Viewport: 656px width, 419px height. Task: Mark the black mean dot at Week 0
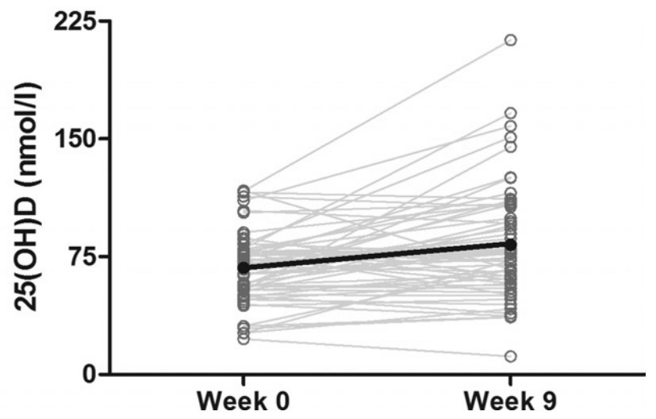(x=244, y=267)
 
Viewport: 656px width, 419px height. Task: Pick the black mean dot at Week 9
(x=511, y=244)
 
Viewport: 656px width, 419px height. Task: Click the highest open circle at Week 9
(x=511, y=40)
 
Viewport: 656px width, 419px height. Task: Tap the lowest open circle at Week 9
(x=511, y=356)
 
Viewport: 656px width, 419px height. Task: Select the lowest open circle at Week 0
(x=244, y=339)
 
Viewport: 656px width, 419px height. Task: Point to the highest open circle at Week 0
(x=244, y=190)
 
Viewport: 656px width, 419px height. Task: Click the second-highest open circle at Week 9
(x=511, y=113)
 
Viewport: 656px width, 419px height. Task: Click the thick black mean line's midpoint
(x=377, y=256)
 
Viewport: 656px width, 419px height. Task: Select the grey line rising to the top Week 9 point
(x=377, y=115)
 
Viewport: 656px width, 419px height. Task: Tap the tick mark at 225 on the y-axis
(x=103, y=21)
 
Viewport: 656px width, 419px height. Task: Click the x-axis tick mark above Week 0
(x=244, y=379)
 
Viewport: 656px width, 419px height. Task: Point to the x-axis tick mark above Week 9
(x=511, y=379)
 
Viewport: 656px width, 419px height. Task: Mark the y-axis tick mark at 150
(x=103, y=139)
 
